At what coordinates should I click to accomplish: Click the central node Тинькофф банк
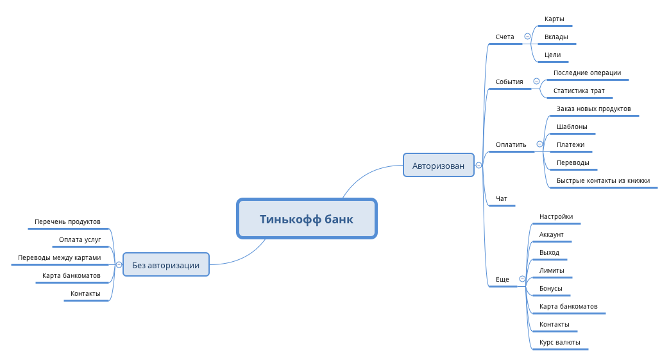click(x=307, y=219)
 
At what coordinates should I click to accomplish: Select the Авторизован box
click(x=438, y=166)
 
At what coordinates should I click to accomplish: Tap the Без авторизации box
click(x=165, y=264)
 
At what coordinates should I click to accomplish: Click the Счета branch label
click(x=505, y=37)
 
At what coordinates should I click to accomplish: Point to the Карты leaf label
click(x=554, y=19)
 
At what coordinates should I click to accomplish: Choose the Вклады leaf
click(x=556, y=37)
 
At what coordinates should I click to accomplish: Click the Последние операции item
click(x=587, y=73)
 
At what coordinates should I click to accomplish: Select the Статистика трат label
click(x=579, y=91)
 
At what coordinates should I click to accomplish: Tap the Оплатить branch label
click(x=511, y=144)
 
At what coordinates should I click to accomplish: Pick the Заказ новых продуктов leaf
click(x=593, y=109)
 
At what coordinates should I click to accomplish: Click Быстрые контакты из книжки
click(x=603, y=181)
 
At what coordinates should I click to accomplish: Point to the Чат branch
click(x=502, y=199)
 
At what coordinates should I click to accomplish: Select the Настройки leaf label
click(x=556, y=217)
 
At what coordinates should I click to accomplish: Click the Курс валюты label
click(x=559, y=343)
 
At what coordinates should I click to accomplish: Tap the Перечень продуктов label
click(x=67, y=222)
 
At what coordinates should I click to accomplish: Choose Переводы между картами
click(x=59, y=258)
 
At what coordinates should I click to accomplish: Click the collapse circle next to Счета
click(x=527, y=37)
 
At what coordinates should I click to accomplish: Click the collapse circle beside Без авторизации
click(x=119, y=264)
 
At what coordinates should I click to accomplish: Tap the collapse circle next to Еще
click(x=522, y=279)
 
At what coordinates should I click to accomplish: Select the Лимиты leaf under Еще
click(x=552, y=271)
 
